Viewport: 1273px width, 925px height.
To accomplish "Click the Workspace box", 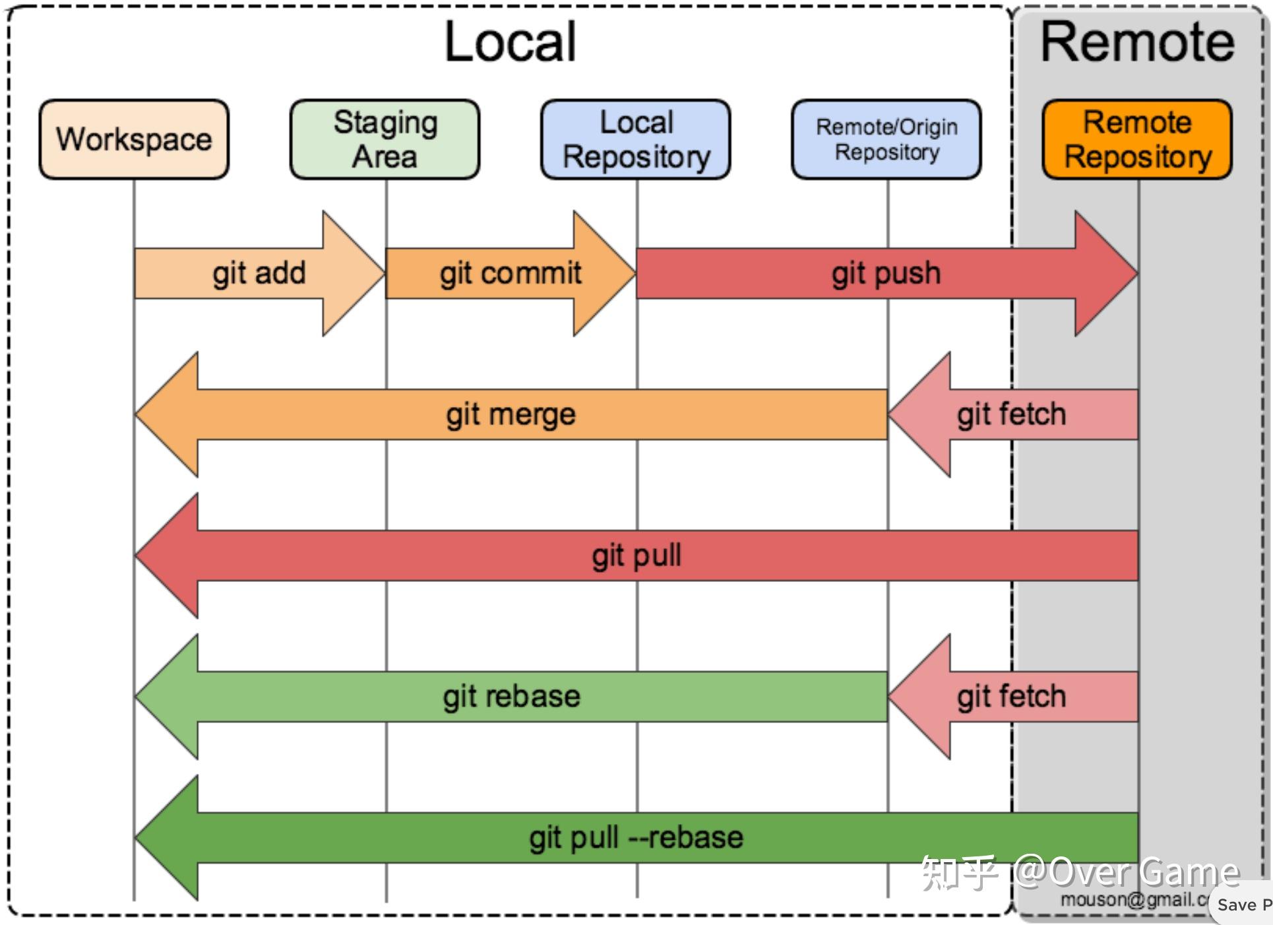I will click(x=134, y=139).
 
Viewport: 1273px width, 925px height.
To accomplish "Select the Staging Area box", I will click(x=385, y=139).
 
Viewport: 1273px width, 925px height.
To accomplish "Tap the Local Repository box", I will click(x=636, y=139).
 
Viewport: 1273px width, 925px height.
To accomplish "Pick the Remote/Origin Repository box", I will click(x=886, y=139).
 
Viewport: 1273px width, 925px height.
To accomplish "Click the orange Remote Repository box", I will click(x=1137, y=139).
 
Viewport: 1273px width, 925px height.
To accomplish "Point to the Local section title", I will click(x=510, y=42).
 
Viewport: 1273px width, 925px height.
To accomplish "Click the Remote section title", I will click(x=1137, y=42).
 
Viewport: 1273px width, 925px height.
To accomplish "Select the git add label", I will click(x=259, y=273).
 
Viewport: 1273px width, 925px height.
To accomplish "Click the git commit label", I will click(x=511, y=273).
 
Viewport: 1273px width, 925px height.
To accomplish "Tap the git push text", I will click(x=886, y=273).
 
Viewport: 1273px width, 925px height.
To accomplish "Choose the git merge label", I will click(x=511, y=414).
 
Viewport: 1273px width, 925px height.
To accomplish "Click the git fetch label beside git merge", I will click(x=1011, y=414).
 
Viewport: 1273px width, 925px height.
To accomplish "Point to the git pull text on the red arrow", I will click(x=636, y=556).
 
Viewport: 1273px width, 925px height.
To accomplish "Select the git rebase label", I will click(x=511, y=697).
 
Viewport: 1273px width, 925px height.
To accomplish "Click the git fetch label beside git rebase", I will click(x=1011, y=697).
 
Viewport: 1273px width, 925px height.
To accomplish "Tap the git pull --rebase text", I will click(x=636, y=838).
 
